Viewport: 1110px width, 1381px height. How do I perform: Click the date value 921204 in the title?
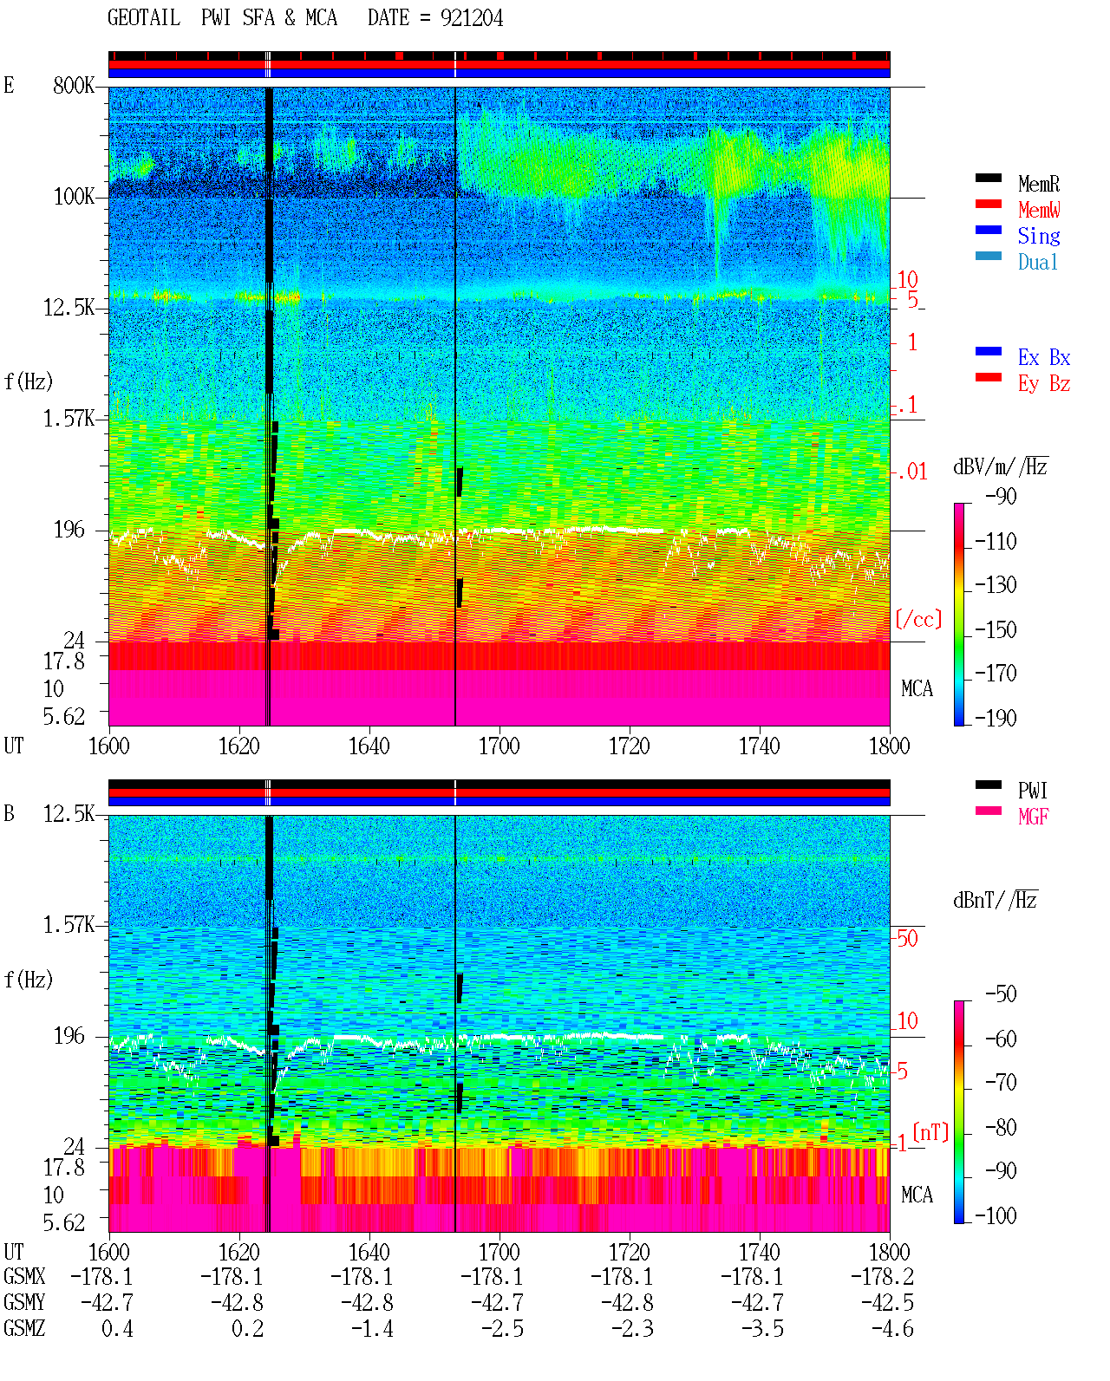tap(472, 18)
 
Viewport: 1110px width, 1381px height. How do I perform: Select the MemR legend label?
tap(1039, 184)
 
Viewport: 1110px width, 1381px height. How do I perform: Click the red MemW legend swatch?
tap(988, 204)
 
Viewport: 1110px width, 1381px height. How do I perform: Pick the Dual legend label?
tap(1038, 262)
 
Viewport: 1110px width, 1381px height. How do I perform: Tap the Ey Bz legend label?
tap(1044, 384)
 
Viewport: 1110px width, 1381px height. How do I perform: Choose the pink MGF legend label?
tap(1033, 817)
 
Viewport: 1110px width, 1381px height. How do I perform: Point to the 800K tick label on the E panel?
tap(74, 85)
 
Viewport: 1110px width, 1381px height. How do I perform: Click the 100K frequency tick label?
tap(74, 197)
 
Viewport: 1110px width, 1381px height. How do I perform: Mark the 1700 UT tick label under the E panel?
tap(499, 746)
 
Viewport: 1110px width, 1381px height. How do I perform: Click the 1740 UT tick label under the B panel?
tap(759, 1252)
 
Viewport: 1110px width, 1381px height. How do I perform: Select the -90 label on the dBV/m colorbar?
tap(1001, 496)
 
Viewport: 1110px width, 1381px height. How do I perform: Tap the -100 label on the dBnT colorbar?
tap(996, 1215)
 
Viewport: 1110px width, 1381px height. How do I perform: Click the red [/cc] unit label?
tap(918, 619)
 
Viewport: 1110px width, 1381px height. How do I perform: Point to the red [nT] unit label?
tap(930, 1132)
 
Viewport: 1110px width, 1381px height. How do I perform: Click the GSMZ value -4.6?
tap(892, 1328)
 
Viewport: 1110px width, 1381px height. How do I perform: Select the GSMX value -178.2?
tap(881, 1276)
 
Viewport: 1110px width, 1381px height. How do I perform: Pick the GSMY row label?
tap(24, 1302)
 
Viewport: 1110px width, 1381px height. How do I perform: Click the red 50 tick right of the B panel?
tap(906, 938)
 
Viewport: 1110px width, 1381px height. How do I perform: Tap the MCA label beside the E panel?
tap(917, 688)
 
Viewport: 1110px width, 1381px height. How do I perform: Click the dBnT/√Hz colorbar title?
tap(995, 900)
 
